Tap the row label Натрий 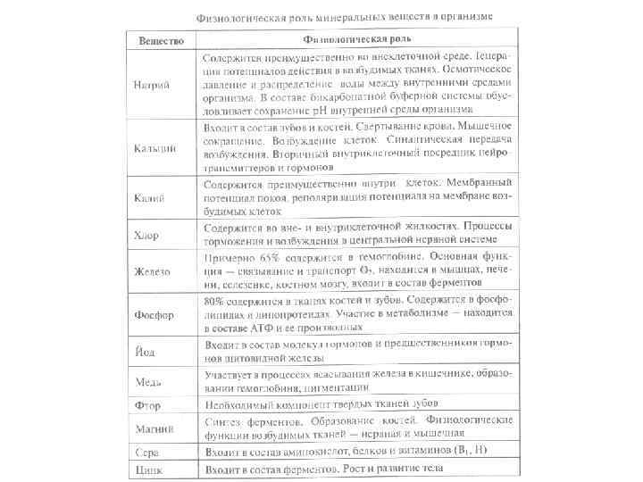click(154, 85)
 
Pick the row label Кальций click(155, 146)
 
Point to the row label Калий click(150, 196)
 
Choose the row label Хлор click(148, 236)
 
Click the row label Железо click(154, 270)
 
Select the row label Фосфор click(154, 314)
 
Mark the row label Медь click(148, 382)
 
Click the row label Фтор click(147, 405)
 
